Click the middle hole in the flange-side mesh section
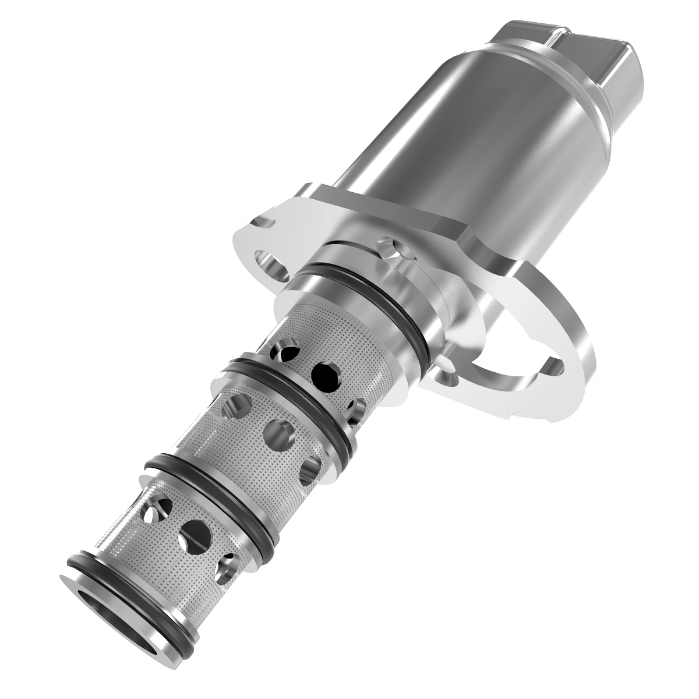[x=326, y=376]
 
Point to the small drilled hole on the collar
[x=388, y=248]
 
